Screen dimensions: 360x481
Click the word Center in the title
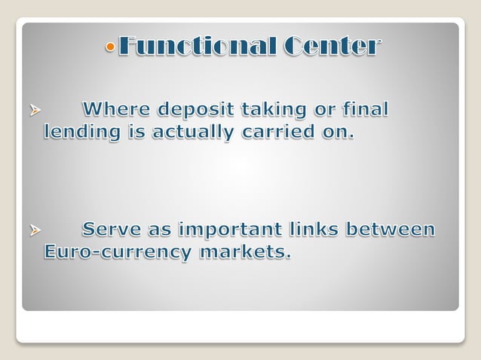tap(332, 47)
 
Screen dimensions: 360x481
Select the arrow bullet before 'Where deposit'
tap(34, 111)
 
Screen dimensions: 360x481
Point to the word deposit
tap(195, 110)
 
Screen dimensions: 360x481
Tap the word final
tap(366, 110)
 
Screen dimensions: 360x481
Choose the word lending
tap(80, 133)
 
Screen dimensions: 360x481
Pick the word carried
tap(276, 133)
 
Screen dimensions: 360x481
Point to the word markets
tap(244, 252)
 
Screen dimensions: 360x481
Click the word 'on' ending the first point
tap(336, 133)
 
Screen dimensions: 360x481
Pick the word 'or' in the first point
tap(322, 111)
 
